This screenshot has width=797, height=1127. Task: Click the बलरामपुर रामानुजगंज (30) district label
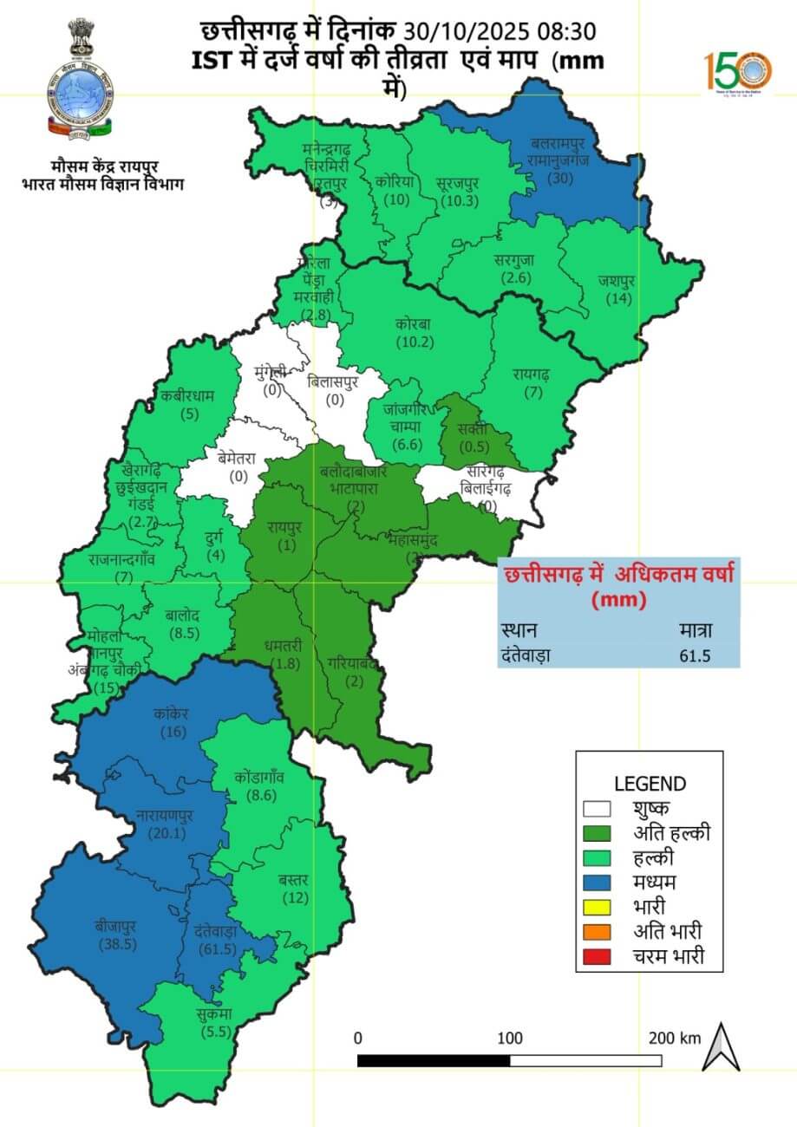click(x=561, y=160)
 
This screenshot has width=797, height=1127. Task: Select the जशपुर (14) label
click(x=616, y=290)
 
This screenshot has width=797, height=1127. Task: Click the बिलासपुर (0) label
click(x=335, y=390)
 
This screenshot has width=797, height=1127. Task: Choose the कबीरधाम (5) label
click(x=186, y=405)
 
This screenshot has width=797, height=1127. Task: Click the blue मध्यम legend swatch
click(x=597, y=883)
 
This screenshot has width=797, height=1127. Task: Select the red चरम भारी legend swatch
click(x=597, y=957)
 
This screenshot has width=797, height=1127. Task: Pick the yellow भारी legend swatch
click(x=597, y=908)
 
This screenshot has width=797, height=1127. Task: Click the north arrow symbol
click(x=721, y=1046)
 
